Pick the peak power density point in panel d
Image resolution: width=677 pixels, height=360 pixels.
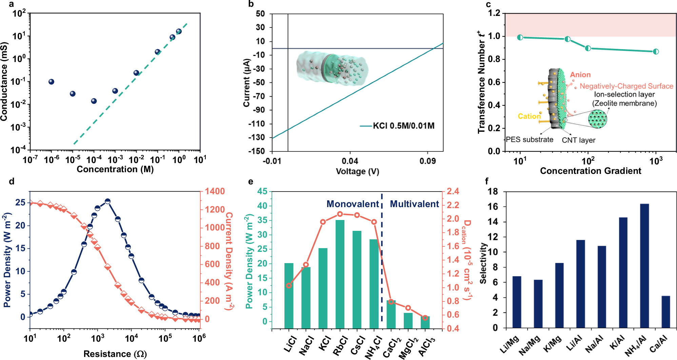[108, 201]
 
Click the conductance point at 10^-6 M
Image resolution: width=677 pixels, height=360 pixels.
[51, 82]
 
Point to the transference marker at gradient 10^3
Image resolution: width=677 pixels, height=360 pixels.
[656, 52]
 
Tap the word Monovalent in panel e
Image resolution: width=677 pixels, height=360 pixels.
[352, 204]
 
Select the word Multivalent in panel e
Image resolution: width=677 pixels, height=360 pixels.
[414, 204]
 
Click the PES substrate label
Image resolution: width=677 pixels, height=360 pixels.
[529, 140]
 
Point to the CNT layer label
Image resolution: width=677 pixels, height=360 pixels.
[578, 140]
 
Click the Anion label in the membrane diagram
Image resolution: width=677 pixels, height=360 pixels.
[580, 75]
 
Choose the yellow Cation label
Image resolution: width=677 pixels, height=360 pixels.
[529, 116]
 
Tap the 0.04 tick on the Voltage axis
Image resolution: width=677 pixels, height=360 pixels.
[350, 160]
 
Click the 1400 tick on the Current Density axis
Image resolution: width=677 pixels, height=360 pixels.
[215, 192]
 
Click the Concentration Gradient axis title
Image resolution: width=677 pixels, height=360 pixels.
[590, 171]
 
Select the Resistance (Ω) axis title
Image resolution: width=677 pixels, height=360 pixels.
[115, 354]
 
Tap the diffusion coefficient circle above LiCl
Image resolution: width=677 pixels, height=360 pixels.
[289, 285]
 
